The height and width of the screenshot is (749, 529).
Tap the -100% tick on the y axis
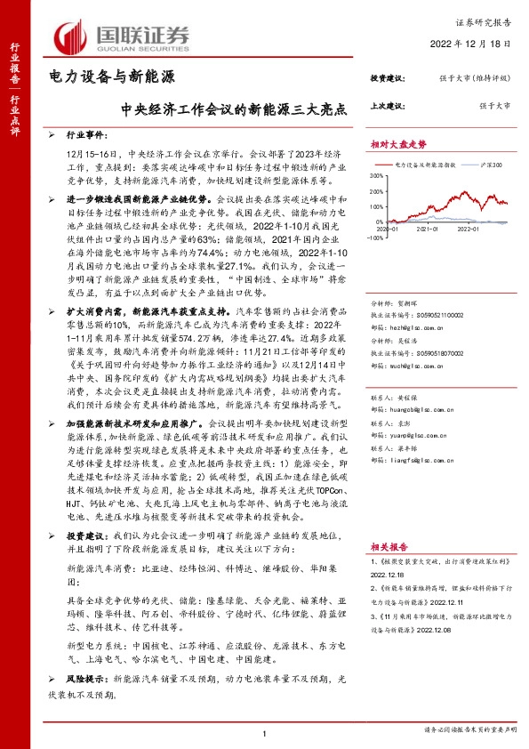377,238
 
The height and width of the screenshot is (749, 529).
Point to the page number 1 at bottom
265,733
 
